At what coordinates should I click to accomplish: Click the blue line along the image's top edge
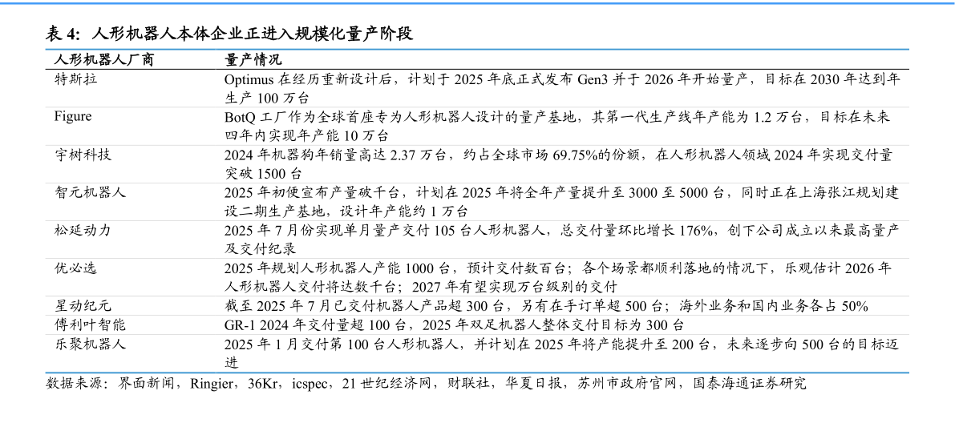477,3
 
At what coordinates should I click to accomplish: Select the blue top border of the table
477,49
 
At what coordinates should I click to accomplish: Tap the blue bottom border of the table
477,373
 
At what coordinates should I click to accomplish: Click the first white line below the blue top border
477,107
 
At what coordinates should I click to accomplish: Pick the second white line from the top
477,145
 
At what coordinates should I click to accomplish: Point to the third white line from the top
477,183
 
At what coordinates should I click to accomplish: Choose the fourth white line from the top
477,220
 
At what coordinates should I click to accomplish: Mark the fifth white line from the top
477,258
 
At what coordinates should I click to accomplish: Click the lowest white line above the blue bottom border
477,334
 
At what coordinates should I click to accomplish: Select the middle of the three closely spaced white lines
477,315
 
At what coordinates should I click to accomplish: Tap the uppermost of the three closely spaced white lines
477,296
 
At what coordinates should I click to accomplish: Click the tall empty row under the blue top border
477,79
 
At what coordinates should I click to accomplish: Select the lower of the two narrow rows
477,324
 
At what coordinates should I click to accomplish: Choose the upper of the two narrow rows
477,306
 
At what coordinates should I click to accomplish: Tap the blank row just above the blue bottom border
477,353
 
